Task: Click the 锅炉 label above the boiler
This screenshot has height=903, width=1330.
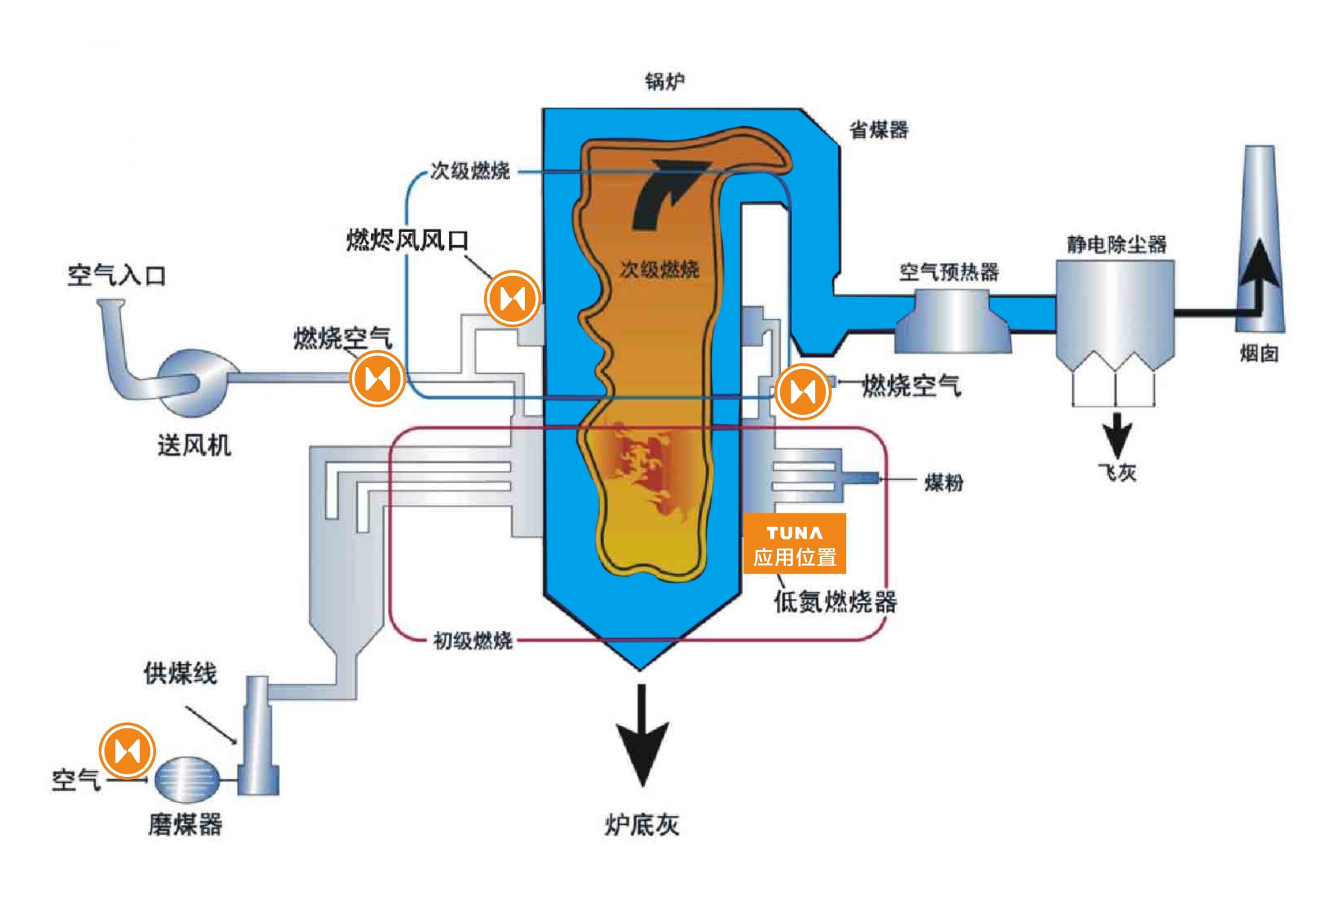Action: pyautogui.click(x=664, y=81)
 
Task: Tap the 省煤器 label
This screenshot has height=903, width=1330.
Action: pyautogui.click(x=878, y=129)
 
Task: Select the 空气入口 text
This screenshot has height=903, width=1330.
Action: pyautogui.click(x=116, y=275)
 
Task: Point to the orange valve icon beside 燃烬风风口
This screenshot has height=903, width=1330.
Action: pyautogui.click(x=512, y=298)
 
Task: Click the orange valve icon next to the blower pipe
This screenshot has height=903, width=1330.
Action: pyautogui.click(x=377, y=378)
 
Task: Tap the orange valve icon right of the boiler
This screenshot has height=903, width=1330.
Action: pyautogui.click(x=803, y=392)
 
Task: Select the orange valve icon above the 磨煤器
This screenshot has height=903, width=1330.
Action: pyautogui.click(x=127, y=750)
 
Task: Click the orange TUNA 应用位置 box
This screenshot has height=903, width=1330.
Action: pyautogui.click(x=795, y=544)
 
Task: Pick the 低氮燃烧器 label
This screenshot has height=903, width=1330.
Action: pyautogui.click(x=835, y=602)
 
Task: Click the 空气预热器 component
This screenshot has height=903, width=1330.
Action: pyautogui.click(x=952, y=320)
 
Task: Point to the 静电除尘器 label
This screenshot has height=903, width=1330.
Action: pyautogui.click(x=1116, y=244)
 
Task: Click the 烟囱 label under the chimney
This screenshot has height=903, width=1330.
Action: pyautogui.click(x=1259, y=353)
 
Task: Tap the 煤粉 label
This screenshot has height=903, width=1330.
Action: pyautogui.click(x=943, y=483)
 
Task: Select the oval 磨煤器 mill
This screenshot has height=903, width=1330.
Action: pyautogui.click(x=186, y=778)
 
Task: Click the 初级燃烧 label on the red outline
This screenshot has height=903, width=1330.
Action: pyautogui.click(x=472, y=641)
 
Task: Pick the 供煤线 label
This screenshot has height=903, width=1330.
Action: pyautogui.click(x=180, y=674)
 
